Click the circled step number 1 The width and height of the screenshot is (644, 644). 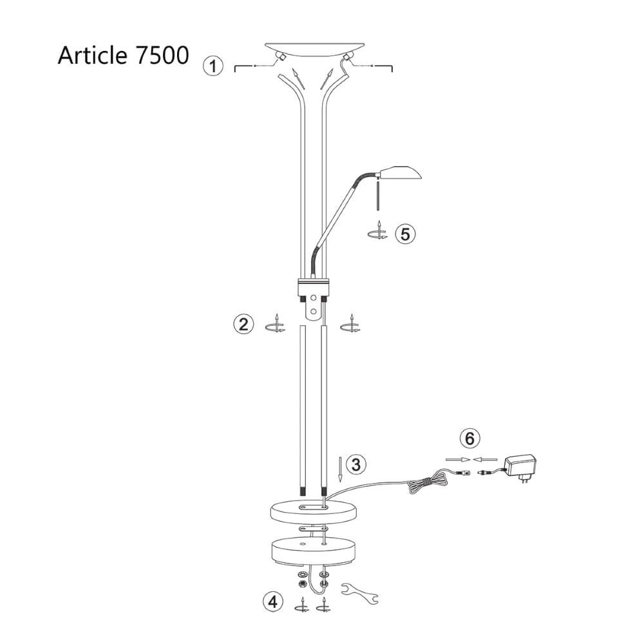click(213, 66)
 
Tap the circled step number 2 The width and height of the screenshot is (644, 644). click(243, 324)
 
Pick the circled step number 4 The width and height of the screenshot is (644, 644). click(273, 602)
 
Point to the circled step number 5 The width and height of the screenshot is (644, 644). click(404, 233)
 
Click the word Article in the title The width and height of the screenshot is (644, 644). click(91, 55)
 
